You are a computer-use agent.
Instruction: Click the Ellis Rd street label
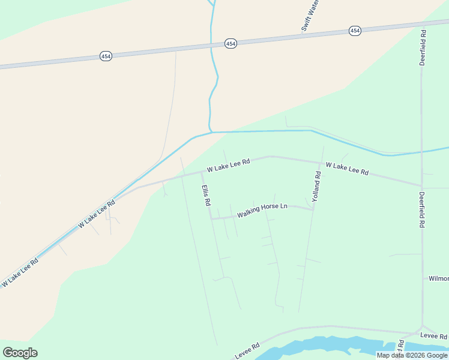[206, 196]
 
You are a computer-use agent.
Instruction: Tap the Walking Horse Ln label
[262, 210]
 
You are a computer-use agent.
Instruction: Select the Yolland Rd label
[318, 185]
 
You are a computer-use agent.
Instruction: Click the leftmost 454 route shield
[106, 56]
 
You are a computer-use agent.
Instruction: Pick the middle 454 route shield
[231, 43]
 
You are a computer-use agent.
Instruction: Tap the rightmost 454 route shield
[355, 31]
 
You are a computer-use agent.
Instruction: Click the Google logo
[20, 352]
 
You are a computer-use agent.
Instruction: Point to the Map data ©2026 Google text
[412, 355]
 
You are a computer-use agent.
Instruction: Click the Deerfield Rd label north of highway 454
[423, 48]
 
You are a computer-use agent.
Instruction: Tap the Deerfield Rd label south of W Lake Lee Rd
[423, 209]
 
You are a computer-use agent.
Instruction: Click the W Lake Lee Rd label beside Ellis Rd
[228, 166]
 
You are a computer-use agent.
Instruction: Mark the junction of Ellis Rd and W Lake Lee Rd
[201, 172]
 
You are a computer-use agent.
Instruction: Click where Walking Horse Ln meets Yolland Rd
[313, 209]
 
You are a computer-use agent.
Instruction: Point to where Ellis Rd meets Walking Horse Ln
[211, 218]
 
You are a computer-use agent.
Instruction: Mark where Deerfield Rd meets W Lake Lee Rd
[422, 185]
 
